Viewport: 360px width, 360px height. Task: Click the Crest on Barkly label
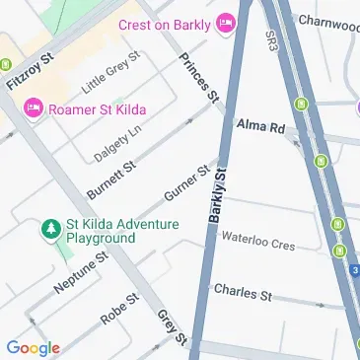tap(165, 23)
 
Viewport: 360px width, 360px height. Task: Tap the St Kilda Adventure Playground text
tap(121, 231)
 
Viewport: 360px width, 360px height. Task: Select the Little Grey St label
tap(111, 72)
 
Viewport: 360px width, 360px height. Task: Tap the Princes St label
tap(198, 78)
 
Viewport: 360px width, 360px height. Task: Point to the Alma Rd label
tap(260, 126)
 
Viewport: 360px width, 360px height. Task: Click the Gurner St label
tap(187, 183)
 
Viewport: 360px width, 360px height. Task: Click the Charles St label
tap(242, 293)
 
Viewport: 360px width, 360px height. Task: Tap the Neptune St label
tap(80, 275)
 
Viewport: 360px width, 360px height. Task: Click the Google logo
tap(33, 347)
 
